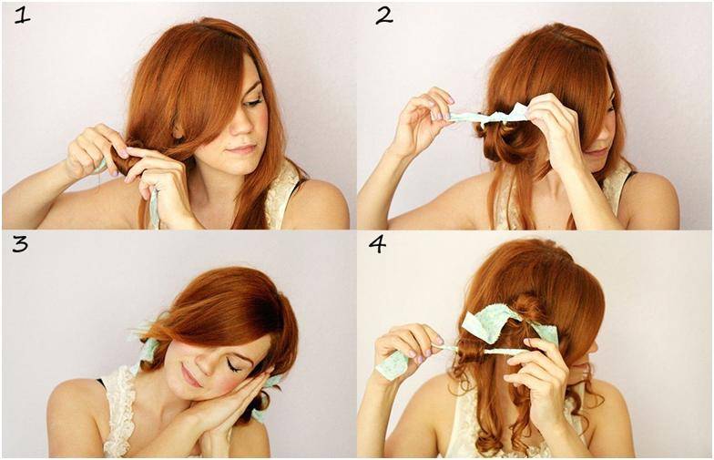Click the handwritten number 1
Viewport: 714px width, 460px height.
point(23,16)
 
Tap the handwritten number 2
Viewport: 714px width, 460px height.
point(384,16)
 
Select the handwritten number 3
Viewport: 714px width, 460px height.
point(20,244)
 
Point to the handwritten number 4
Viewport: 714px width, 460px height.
point(377,244)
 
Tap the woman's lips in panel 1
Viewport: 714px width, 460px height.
point(242,149)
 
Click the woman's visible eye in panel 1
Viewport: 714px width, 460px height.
point(253,102)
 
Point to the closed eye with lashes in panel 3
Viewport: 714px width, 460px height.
point(233,366)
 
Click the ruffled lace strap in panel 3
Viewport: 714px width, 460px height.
point(119,412)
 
